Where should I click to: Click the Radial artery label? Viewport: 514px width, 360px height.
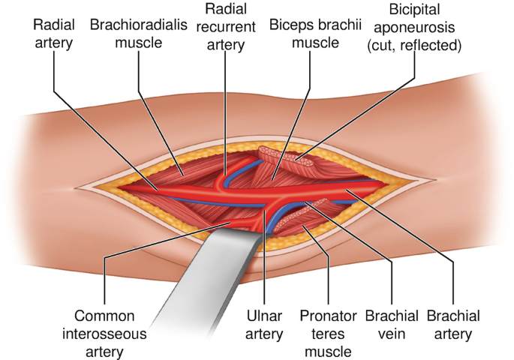[53, 34]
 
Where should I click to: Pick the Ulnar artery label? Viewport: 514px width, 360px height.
[265, 324]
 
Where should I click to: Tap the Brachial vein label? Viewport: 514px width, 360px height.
[390, 324]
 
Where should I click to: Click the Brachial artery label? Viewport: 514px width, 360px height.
[453, 324]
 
